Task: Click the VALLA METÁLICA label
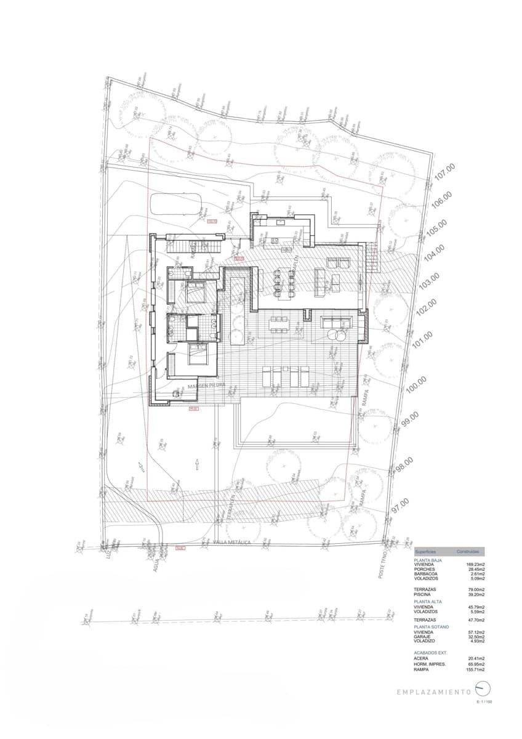[231, 542]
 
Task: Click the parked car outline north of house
[178, 204]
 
